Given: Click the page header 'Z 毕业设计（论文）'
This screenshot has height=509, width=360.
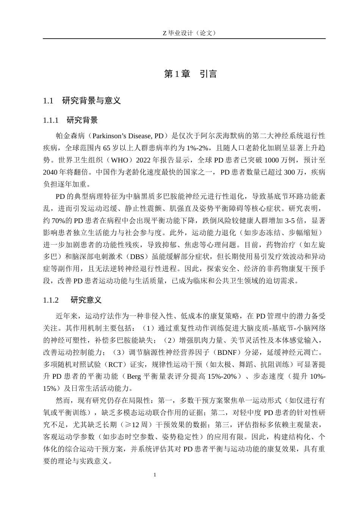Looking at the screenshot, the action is (184, 33).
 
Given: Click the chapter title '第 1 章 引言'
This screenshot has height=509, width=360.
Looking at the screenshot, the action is (190, 74).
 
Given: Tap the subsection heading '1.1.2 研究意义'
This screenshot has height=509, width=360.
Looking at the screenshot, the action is (72, 300).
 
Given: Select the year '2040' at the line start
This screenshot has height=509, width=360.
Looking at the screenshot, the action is (50, 172).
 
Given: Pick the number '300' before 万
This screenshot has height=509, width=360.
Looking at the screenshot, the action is (289, 172).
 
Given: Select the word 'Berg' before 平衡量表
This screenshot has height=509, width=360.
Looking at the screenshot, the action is (134, 376).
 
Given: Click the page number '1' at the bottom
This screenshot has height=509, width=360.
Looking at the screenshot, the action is (155, 475).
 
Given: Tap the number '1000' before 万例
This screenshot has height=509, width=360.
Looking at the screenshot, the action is (272, 160).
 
